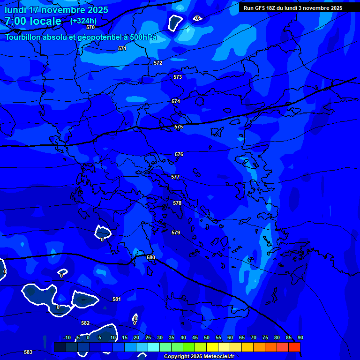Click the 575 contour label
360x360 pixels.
click(x=178, y=127)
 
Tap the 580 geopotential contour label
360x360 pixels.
click(x=150, y=257)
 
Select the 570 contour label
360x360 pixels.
click(x=90, y=27)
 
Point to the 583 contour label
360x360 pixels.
click(x=28, y=352)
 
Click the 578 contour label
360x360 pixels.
click(x=177, y=203)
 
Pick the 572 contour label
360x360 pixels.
click(x=158, y=63)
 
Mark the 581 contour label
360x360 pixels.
click(x=117, y=299)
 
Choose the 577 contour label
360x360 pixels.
click(x=175, y=177)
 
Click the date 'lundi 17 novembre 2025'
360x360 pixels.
click(x=56, y=10)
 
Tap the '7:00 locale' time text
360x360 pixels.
click(x=33, y=21)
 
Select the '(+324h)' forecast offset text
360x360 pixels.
click(x=83, y=21)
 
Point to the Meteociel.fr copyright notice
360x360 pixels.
click(x=199, y=356)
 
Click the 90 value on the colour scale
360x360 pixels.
click(x=300, y=337)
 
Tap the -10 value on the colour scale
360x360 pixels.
click(x=67, y=337)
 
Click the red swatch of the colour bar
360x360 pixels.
click(x=294, y=347)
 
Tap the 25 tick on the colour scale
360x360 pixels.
click(x=148, y=337)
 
